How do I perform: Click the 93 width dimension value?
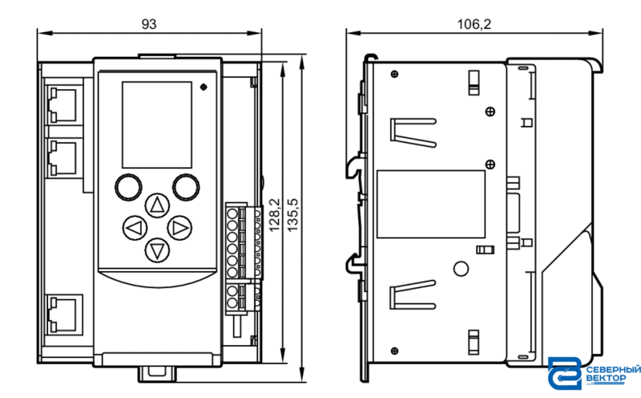click(149, 24)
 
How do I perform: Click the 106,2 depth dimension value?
click(474, 24)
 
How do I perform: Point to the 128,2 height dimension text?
click(274, 215)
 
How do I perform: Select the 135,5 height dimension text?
click(292, 215)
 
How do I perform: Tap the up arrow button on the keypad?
click(157, 205)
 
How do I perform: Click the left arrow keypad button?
click(135, 228)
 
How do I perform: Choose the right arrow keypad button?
click(179, 228)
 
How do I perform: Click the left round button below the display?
click(128, 187)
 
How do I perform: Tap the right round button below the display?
click(186, 187)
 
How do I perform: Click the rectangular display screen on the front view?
click(157, 124)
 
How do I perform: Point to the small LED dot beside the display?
click(204, 87)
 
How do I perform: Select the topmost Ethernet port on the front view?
click(62, 105)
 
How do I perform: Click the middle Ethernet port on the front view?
click(62, 158)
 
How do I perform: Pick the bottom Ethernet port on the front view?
click(63, 315)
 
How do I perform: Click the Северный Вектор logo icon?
click(565, 373)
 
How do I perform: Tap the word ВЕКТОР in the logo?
click(606, 379)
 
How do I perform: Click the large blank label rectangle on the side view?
click(431, 204)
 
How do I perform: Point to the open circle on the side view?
click(462, 269)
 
